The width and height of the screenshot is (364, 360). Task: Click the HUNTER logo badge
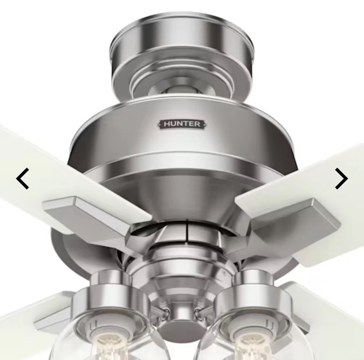[x=182, y=124]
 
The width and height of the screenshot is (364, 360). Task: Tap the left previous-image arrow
[x=23, y=179]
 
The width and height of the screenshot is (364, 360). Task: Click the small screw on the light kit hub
[x=224, y=272]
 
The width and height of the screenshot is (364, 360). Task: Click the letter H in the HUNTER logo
[x=167, y=124]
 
